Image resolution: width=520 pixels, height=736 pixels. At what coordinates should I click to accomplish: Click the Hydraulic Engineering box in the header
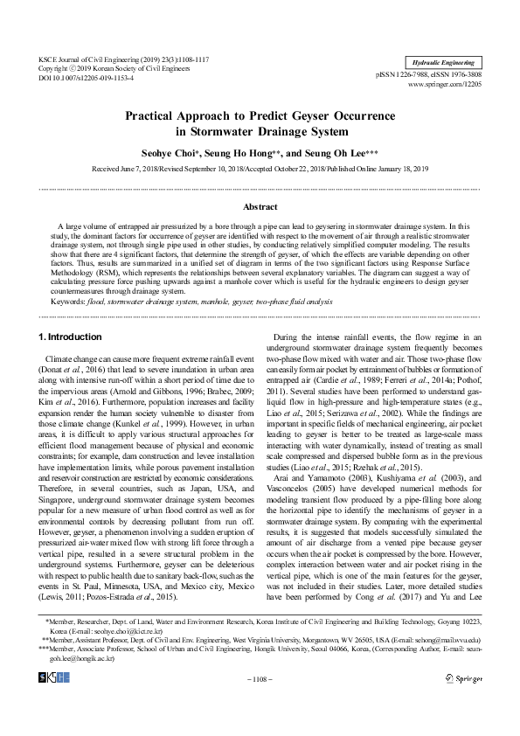[x=445, y=63]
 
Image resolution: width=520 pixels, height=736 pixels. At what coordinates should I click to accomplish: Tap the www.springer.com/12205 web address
[x=446, y=85]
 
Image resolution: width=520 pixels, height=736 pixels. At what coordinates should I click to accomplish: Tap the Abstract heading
[x=260, y=207]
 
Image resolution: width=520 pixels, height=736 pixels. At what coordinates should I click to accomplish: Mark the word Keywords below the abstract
[x=68, y=301]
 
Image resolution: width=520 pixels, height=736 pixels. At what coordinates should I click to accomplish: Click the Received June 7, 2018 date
[x=128, y=168]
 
